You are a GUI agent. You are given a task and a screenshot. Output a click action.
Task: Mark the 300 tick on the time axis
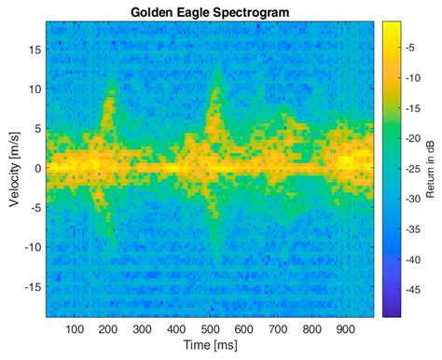pos(143,329)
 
